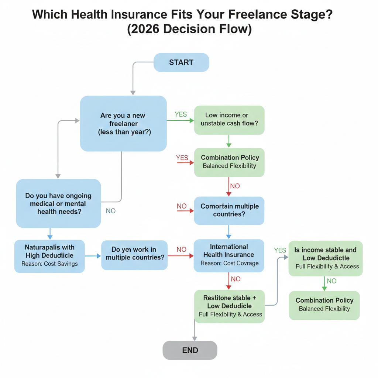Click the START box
pyautogui.click(x=181, y=62)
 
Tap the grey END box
pyautogui.click(x=190, y=350)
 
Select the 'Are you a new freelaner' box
pyautogui.click(x=123, y=123)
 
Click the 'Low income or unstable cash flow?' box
pyautogui.click(x=229, y=119)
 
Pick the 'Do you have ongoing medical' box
pyautogui.click(x=58, y=203)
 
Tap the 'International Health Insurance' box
pyautogui.click(x=229, y=255)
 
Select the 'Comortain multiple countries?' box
pyautogui.click(x=229, y=210)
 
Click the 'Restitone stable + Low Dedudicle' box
pyautogui.click(x=229, y=306)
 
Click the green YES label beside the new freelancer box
pyautogui.click(x=181, y=114)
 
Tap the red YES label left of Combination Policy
pyautogui.click(x=182, y=158)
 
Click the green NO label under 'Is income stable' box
pyautogui.click(x=332, y=281)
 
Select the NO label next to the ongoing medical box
pyautogui.click(x=111, y=211)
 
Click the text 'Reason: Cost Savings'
pyautogui.click(x=49, y=264)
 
